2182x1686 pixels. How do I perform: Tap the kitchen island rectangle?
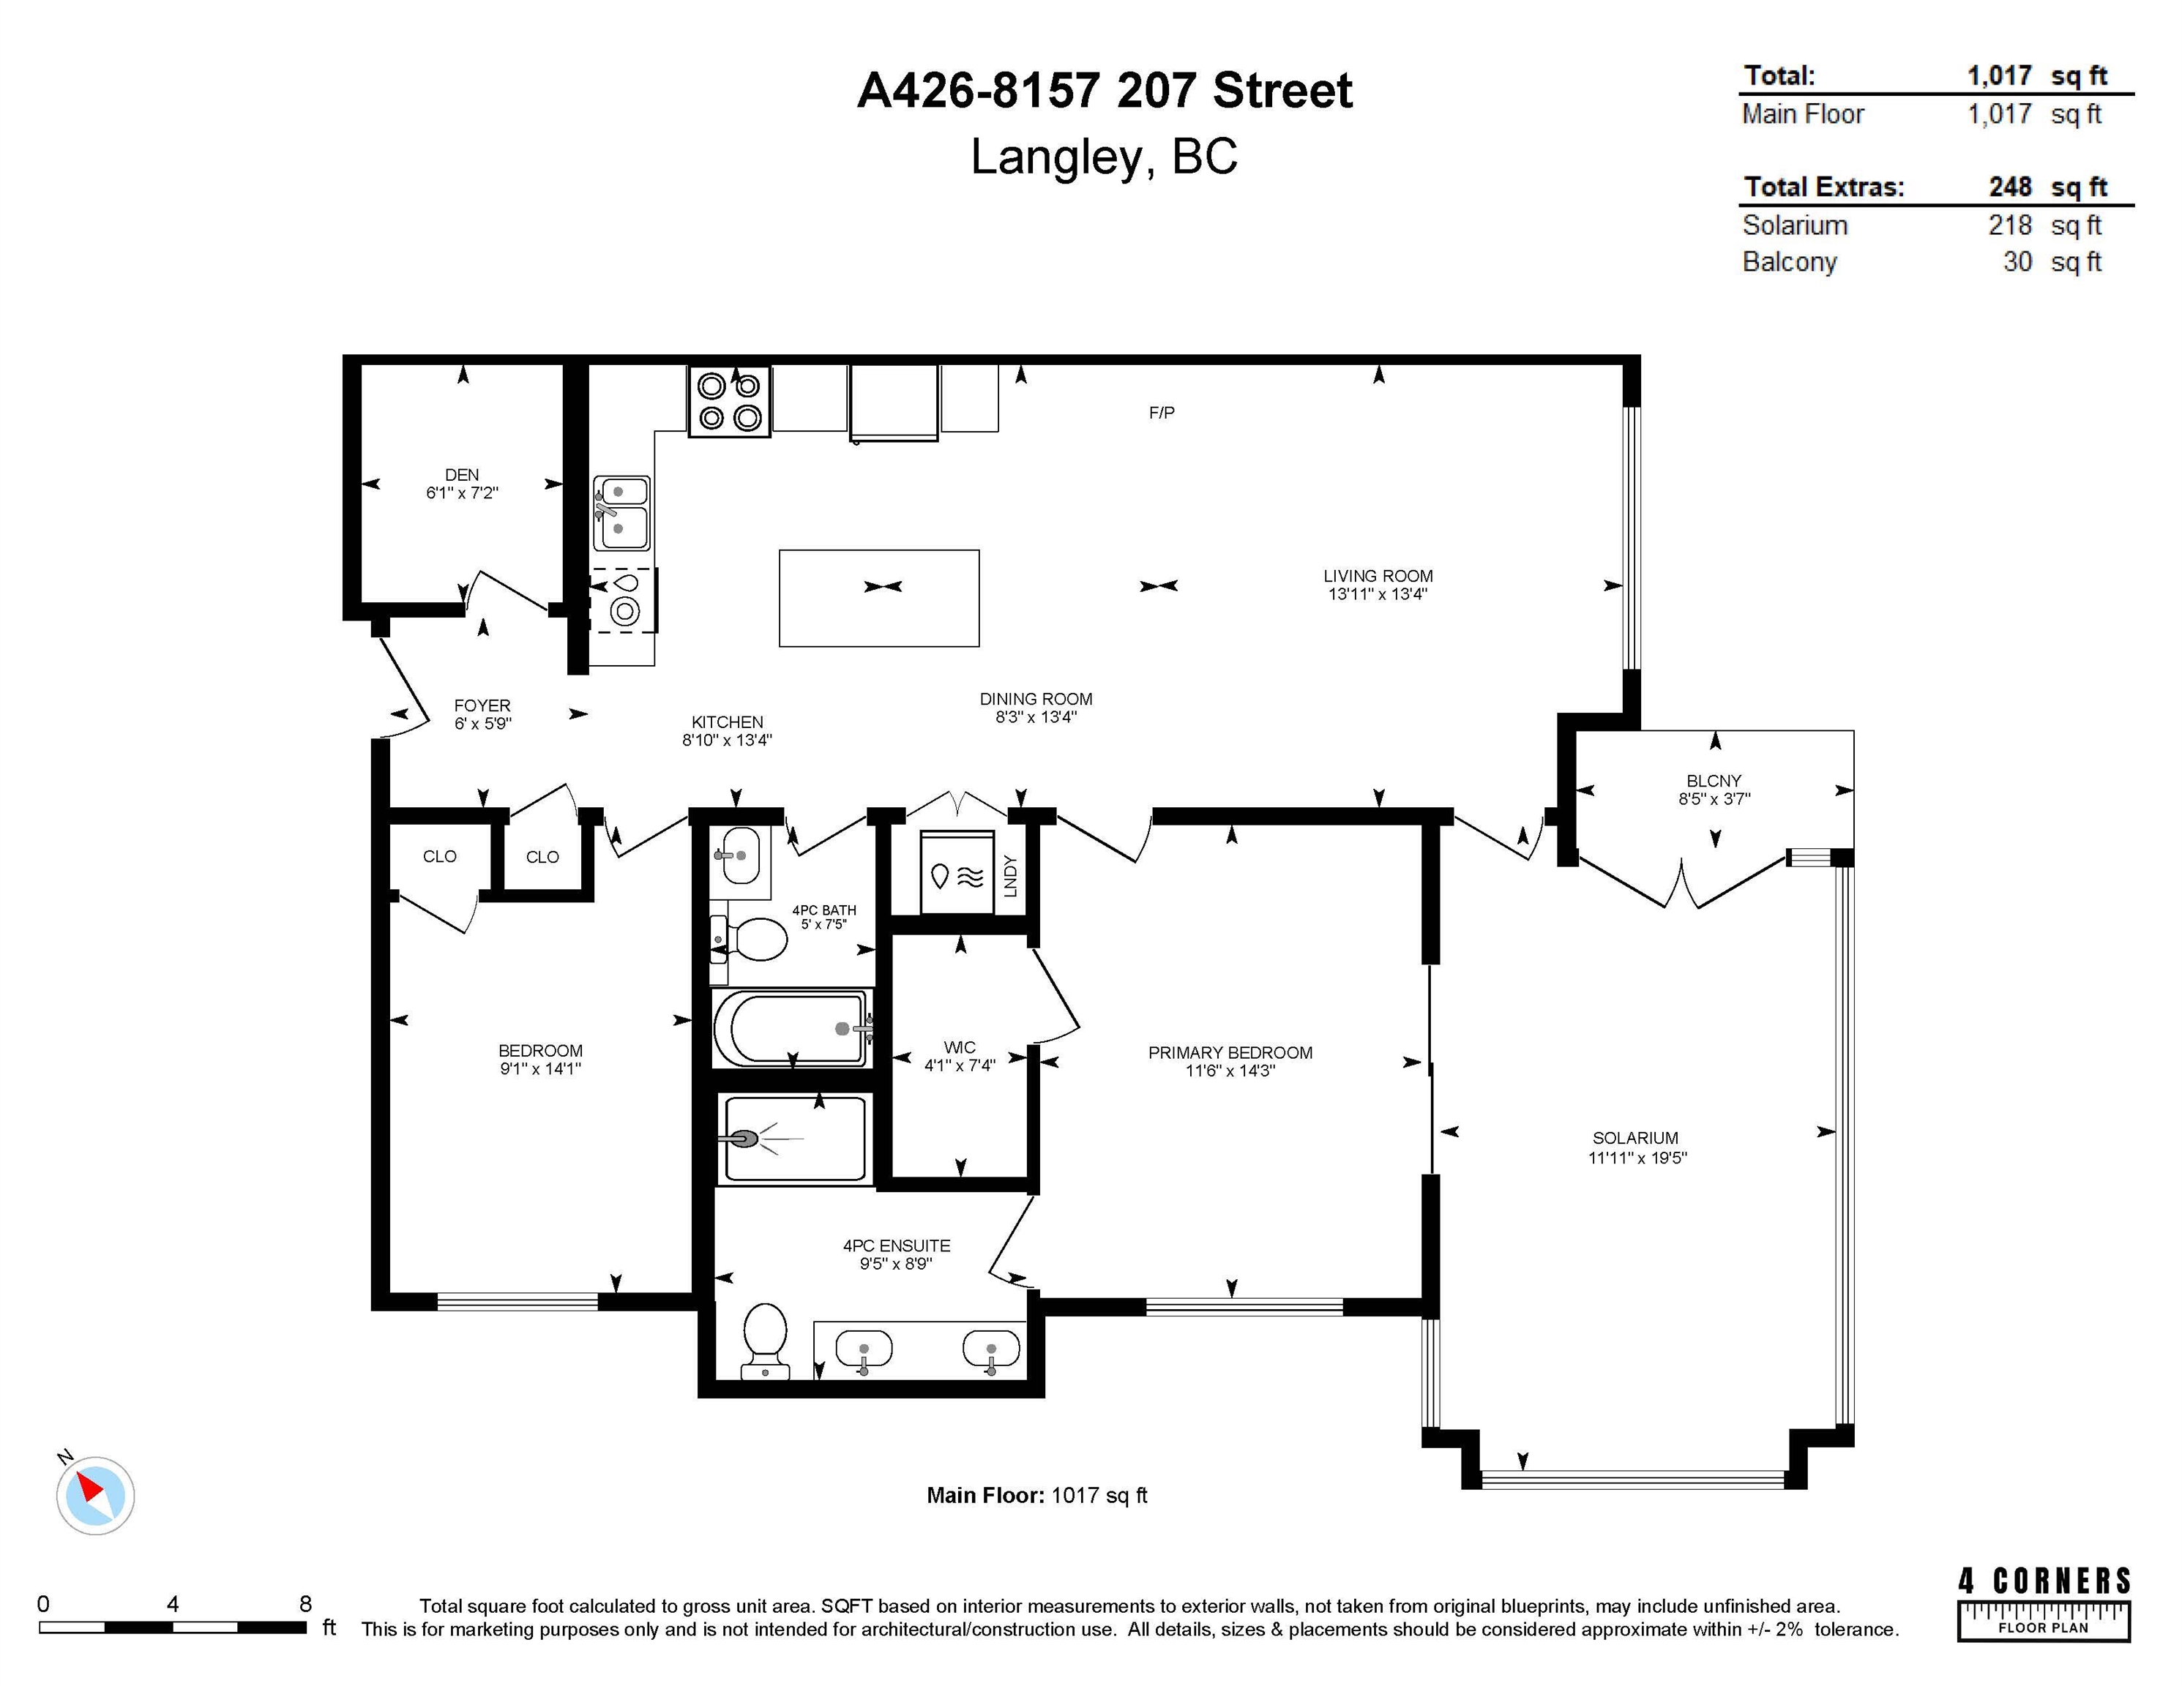pos(879,599)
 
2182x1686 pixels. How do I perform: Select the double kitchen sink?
pos(621,512)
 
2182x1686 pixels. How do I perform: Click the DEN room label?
pos(462,474)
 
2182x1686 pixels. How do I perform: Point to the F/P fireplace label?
pos(1161,413)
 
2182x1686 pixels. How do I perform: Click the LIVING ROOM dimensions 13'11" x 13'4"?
pos(1378,594)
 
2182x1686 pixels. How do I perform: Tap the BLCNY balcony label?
pos(1714,781)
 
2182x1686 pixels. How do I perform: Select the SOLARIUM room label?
pos(1635,1138)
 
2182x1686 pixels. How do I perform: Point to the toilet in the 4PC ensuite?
pos(766,1341)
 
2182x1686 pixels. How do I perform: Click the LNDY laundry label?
pos(1010,876)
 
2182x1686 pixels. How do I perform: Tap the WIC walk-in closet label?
pos(959,1046)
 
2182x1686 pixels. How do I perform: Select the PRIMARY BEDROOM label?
pos(1230,1053)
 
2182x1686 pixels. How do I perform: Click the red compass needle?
pos(90,1488)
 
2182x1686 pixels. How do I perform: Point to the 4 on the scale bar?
pos(173,1604)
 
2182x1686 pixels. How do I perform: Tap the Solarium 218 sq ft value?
pos(2044,225)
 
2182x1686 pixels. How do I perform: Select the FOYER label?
pos(482,705)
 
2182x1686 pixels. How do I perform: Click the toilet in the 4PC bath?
pos(750,939)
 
